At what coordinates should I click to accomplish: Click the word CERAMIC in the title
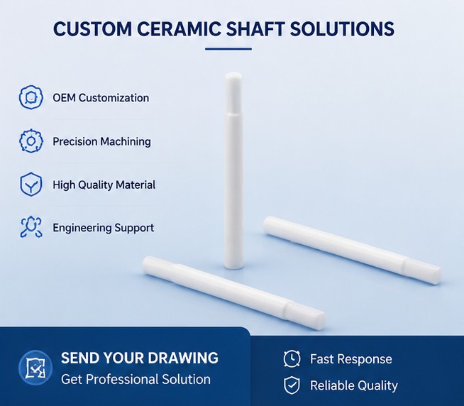179,28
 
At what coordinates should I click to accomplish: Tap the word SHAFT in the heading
255,28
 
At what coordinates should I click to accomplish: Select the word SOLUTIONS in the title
342,28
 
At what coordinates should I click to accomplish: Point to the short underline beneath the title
228,49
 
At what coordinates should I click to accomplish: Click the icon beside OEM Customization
31,97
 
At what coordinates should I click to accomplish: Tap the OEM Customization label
101,98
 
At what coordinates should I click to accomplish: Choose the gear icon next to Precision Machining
31,141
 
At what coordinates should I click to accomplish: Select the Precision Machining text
101,141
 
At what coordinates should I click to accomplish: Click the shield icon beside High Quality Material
31,185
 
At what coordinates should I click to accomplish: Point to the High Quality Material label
104,185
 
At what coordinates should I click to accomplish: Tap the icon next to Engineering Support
31,227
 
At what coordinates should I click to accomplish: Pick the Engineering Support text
104,228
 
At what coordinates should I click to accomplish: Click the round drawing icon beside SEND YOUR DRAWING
35,368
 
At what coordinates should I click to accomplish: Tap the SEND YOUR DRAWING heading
140,358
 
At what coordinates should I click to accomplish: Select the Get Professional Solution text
136,379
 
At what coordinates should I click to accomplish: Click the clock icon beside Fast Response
292,358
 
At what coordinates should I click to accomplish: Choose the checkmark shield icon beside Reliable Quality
292,385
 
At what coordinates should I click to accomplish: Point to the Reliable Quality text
354,385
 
